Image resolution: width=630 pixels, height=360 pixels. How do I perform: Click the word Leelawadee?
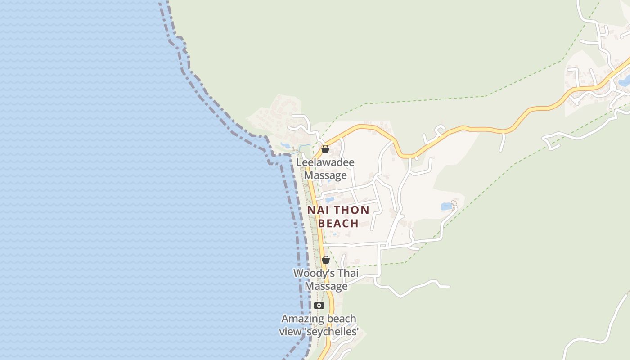(325, 162)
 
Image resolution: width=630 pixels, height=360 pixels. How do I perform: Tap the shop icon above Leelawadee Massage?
(325, 149)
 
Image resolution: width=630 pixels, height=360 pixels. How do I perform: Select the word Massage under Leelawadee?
(325, 175)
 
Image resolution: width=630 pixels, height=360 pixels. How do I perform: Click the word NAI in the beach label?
(317, 210)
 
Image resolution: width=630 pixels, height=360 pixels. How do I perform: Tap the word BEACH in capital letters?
(338, 223)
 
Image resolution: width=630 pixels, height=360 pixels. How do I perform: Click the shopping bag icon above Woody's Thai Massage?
(325, 260)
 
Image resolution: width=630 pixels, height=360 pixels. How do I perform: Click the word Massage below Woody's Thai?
(326, 286)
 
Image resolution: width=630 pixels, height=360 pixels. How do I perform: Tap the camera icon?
(319, 306)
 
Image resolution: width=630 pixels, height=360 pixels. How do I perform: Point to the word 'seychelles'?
(333, 332)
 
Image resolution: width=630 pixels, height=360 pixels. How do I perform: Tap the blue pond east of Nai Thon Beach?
(447, 207)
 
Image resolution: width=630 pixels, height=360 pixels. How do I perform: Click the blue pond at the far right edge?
(624, 82)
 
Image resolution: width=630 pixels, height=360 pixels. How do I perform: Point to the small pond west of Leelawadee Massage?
(286, 145)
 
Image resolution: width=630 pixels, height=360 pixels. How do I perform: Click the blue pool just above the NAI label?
(330, 199)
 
